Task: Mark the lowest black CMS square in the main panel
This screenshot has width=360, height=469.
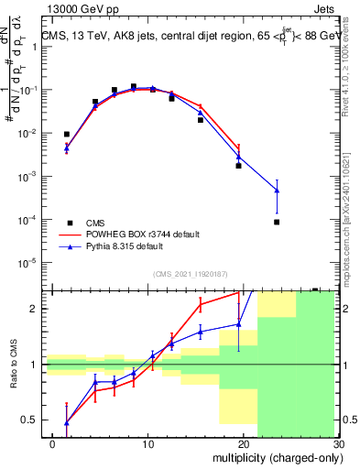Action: (277, 222)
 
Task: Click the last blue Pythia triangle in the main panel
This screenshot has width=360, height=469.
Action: (277, 191)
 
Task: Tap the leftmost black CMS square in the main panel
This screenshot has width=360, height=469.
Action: (66, 135)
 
